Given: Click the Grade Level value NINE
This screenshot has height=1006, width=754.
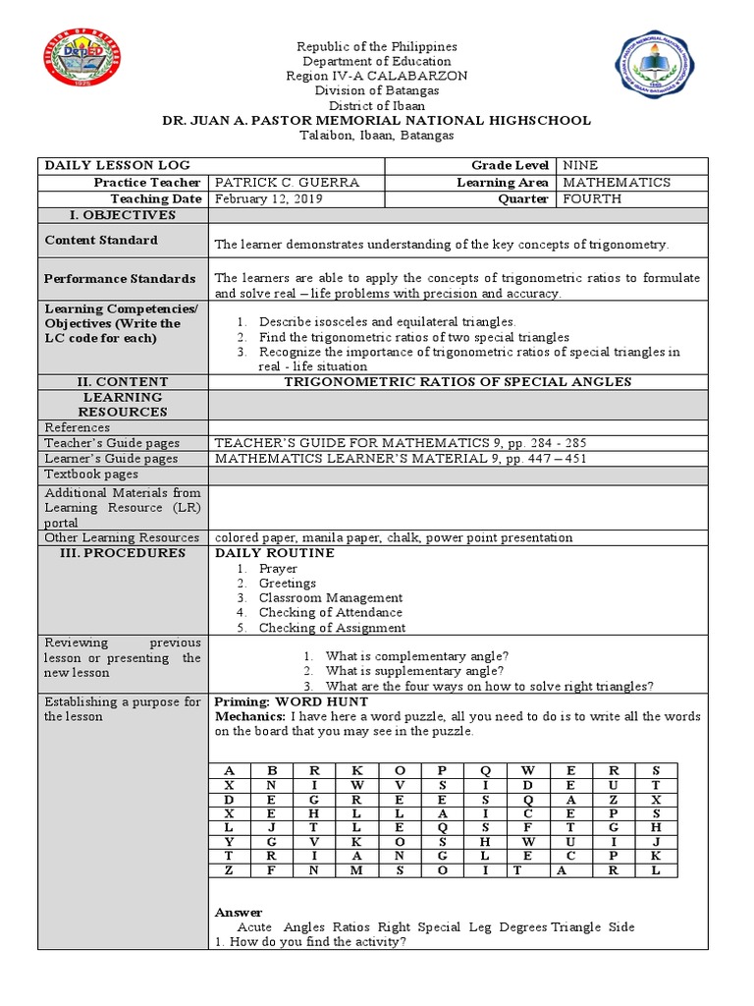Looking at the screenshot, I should (x=579, y=166).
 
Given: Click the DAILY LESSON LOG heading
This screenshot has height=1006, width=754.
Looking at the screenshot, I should (x=118, y=166).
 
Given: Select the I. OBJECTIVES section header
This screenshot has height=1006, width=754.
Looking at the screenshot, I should (x=124, y=214).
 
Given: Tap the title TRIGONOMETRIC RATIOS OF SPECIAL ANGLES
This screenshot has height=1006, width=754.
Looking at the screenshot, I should (x=458, y=381).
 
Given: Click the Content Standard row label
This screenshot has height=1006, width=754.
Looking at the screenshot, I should (x=101, y=240).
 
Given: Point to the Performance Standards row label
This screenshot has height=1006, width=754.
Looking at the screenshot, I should (x=120, y=279).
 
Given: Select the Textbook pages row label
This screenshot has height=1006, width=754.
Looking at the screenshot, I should (x=91, y=474).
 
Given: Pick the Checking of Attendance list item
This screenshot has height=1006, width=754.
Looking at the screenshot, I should (x=329, y=612).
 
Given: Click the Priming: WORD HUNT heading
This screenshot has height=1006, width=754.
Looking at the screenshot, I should (x=292, y=701).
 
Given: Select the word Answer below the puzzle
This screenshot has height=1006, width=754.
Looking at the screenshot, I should (x=239, y=912).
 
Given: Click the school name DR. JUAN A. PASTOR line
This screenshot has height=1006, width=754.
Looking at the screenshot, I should (x=377, y=120).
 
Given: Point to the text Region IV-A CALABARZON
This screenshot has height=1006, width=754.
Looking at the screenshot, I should (x=377, y=76).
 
